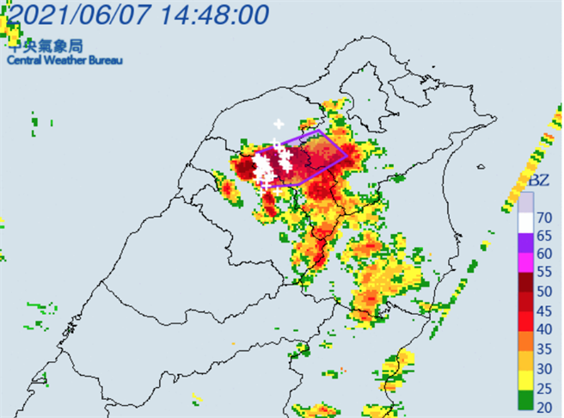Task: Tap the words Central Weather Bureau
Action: (x=65, y=60)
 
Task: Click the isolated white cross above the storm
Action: (x=278, y=124)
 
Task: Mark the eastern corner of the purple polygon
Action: (x=348, y=156)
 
